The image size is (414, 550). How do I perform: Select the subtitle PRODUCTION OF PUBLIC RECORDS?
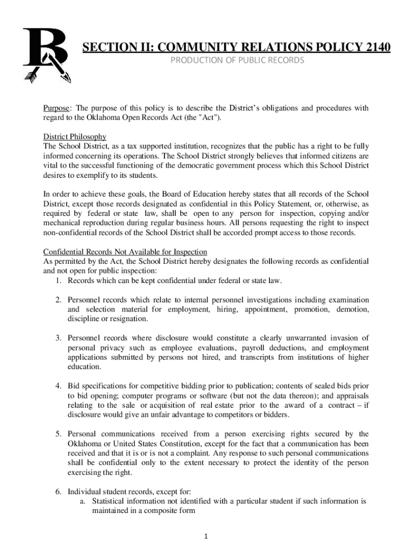[237, 60]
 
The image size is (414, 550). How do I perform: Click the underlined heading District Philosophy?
[75, 136]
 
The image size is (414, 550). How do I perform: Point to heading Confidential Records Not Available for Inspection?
[125, 252]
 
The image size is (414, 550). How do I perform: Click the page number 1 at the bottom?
[207, 536]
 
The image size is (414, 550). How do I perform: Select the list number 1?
[59, 281]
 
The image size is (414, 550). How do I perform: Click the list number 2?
[59, 300]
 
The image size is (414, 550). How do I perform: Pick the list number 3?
[59, 338]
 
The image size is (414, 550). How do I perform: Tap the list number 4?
[59, 386]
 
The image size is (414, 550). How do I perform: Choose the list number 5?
[59, 434]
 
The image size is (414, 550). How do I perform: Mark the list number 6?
[59, 491]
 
